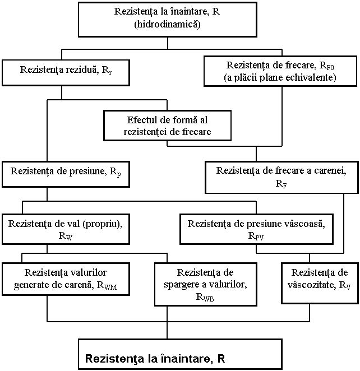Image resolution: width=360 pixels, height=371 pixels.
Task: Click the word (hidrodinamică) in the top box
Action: tap(167, 24)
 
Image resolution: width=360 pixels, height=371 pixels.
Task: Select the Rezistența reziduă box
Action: tap(66, 73)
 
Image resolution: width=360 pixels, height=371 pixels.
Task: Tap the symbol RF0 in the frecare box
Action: tap(326, 66)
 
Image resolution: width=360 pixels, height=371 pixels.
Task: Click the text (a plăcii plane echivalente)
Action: tap(280, 77)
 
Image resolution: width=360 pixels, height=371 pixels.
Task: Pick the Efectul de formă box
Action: tap(167, 126)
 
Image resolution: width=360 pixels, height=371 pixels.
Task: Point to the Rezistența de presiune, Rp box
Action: tap(66, 174)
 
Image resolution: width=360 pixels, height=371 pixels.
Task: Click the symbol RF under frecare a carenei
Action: tap(281, 184)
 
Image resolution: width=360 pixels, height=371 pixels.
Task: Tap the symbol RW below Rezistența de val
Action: tap(66, 236)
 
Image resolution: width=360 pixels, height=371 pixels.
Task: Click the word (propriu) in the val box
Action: tap(102, 224)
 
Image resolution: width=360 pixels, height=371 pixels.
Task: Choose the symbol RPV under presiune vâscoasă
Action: tap(256, 236)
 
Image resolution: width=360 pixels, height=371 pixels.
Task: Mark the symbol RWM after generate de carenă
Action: tap(107, 285)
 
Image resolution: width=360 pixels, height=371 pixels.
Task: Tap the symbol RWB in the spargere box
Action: tap(205, 297)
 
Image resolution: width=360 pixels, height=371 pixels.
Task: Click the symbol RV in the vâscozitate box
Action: tap(345, 285)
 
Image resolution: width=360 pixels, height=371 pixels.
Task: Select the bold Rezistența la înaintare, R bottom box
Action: tap(180, 354)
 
